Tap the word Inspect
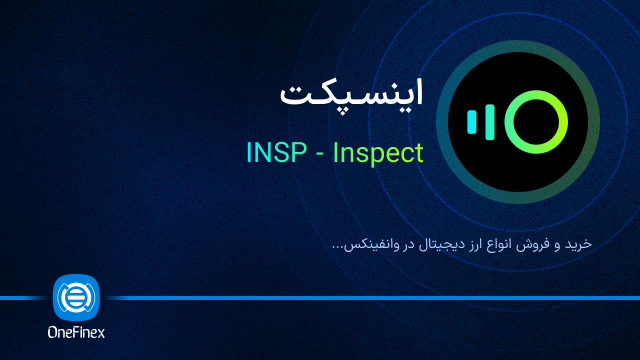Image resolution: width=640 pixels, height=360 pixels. coord(377,153)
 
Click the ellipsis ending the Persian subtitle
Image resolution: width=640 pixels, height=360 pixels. coord(334,247)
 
